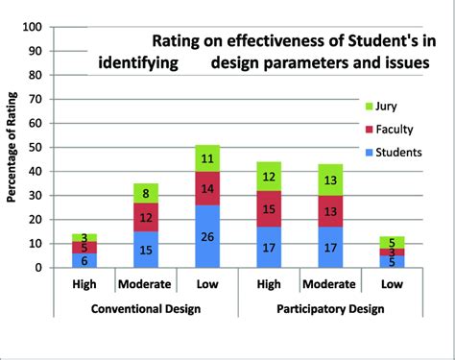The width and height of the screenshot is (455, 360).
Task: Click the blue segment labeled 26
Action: (207, 236)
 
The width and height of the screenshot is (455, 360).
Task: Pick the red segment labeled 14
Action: (207, 188)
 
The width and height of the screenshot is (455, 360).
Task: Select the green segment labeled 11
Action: (207, 158)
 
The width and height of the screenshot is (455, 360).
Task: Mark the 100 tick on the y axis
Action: (42, 27)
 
